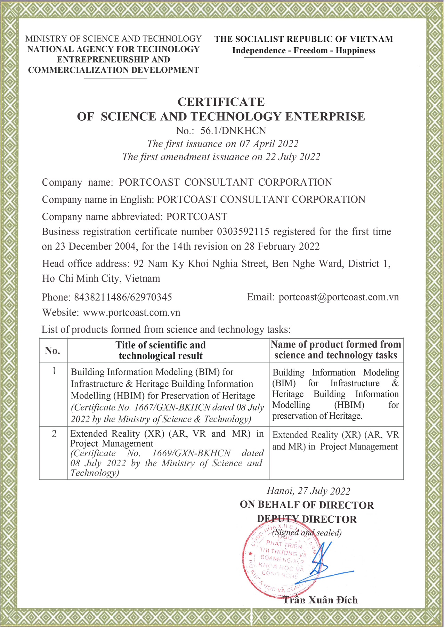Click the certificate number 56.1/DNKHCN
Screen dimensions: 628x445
(x=233, y=131)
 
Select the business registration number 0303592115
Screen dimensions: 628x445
(x=243, y=232)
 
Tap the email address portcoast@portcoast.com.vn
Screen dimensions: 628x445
(x=339, y=297)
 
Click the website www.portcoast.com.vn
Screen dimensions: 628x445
(x=131, y=312)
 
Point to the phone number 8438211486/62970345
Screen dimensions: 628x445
(x=123, y=297)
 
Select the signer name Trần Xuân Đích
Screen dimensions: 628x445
(x=320, y=600)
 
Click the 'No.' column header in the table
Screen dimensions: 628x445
(x=52, y=351)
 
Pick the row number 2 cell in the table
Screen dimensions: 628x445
(x=54, y=434)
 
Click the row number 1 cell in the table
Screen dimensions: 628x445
(x=54, y=371)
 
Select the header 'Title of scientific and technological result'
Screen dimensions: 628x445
(x=161, y=351)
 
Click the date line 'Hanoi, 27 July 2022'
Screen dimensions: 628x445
(x=308, y=491)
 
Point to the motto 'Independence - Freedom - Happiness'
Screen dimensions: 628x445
(x=304, y=51)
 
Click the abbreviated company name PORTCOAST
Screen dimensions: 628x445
(x=197, y=217)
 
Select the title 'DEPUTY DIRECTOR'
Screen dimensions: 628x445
(x=307, y=519)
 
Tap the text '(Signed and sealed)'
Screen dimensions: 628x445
(x=307, y=532)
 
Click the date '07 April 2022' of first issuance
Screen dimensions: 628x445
(x=268, y=144)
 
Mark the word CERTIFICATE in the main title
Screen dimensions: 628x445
(x=221, y=102)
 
